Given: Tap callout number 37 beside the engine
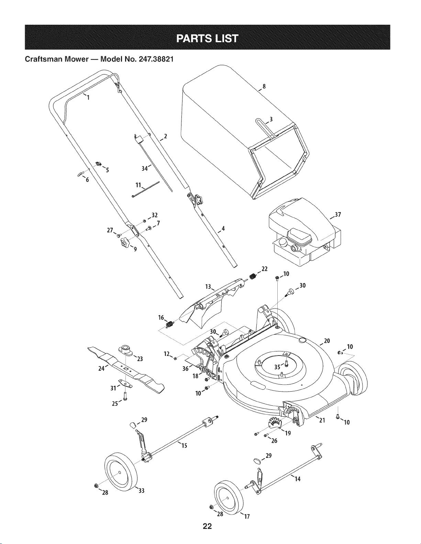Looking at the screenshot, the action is tap(338, 215).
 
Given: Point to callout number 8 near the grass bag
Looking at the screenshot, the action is tap(264, 86).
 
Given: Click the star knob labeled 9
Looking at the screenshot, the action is tap(124, 242).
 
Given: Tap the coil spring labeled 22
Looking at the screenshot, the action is tap(253, 276).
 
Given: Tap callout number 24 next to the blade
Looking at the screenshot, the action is tap(102, 368).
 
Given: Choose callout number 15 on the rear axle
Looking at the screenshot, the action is tap(184, 445).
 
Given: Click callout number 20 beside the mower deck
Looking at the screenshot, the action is tap(327, 341).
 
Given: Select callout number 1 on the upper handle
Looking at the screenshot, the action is tap(88, 97).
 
